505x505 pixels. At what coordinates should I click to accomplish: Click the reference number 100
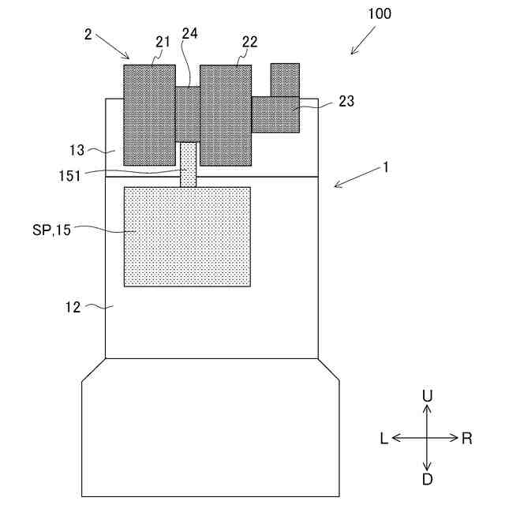point(378,14)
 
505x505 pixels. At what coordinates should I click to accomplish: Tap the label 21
point(163,43)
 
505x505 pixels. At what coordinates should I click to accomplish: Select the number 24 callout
point(189,34)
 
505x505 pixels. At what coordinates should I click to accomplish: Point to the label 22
point(249,43)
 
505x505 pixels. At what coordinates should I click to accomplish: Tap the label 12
point(73,308)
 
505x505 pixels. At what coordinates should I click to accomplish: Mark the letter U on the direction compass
point(427,395)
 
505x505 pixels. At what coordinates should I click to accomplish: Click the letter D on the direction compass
point(427,480)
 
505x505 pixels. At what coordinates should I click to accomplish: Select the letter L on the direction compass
point(383,439)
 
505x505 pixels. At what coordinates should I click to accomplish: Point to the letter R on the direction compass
point(467,439)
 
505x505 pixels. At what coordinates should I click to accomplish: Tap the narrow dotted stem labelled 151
point(188,164)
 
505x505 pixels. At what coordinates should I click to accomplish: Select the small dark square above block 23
point(285,79)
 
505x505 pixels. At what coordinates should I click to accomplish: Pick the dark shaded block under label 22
point(226,114)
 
